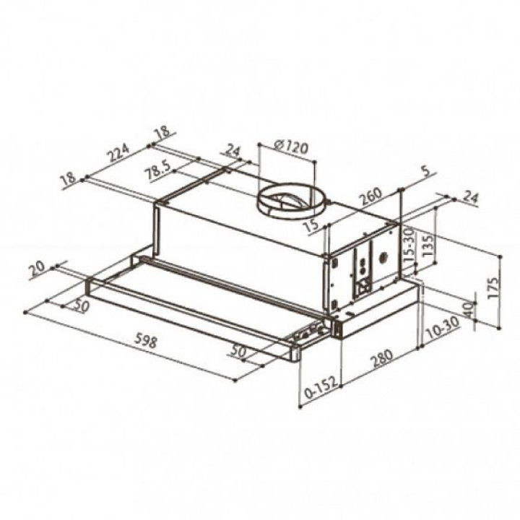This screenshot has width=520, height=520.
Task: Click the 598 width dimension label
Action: coord(146,341)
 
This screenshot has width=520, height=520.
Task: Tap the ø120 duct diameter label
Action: coord(292,146)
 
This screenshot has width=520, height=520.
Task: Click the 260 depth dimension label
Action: coord(371,196)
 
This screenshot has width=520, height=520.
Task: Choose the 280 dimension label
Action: coord(382,359)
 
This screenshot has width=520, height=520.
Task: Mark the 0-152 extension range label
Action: coord(321,387)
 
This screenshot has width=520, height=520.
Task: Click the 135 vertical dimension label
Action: coord(428,245)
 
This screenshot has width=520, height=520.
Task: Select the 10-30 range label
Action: coord(443,328)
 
